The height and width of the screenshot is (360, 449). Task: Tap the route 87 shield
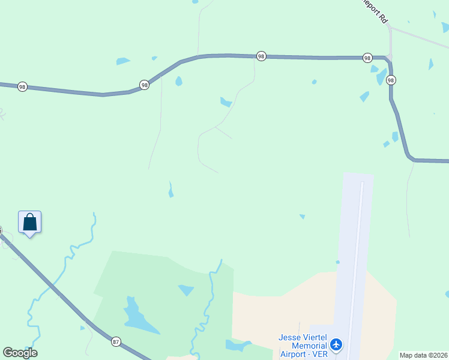coord(115,342)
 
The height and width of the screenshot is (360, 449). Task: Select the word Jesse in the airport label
coord(290,337)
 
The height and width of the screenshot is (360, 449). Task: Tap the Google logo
coord(20,353)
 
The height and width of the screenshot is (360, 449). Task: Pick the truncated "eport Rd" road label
coord(376,10)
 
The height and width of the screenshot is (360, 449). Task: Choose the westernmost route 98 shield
coord(22,86)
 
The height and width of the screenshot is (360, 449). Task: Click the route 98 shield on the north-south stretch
coord(391,80)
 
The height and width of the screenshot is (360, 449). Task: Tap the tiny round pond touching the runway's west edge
coord(337,262)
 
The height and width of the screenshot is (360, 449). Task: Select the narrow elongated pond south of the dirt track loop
coord(170,191)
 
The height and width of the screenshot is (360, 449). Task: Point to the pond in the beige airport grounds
coord(237,345)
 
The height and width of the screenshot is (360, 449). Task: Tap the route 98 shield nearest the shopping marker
coord(22,86)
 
